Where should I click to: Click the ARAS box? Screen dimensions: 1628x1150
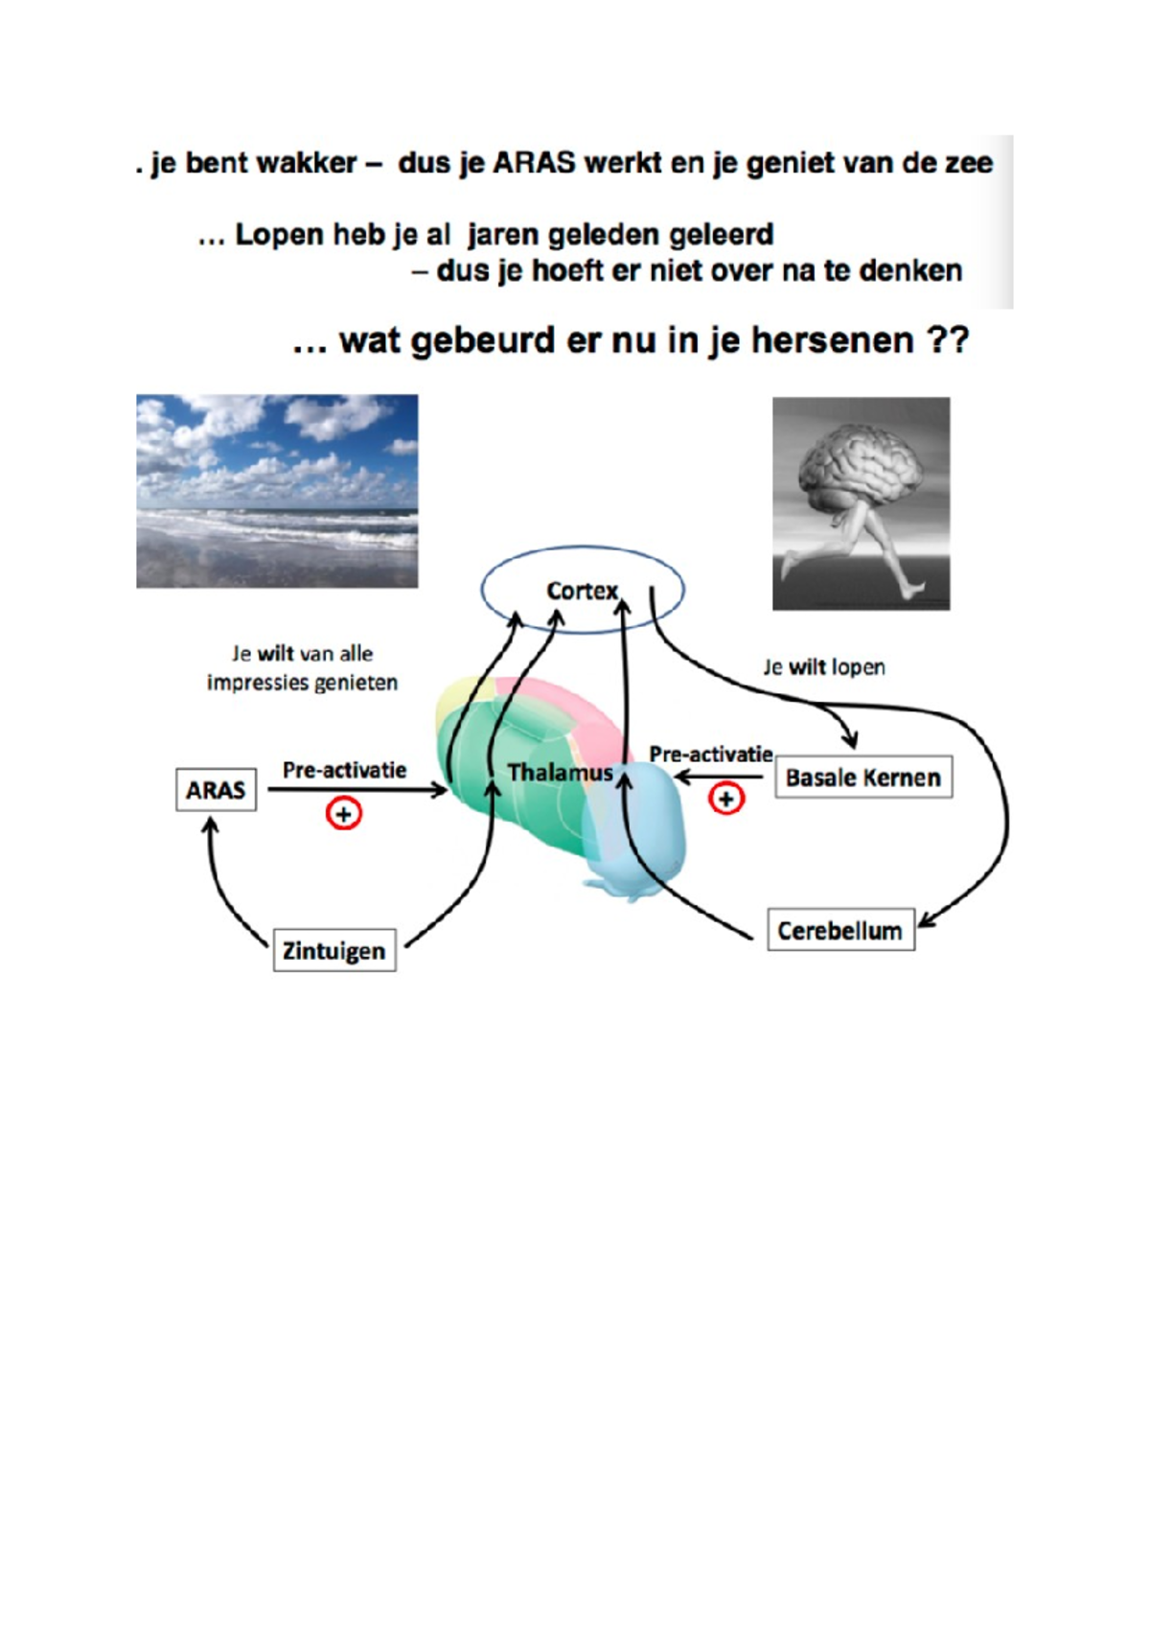pyautogui.click(x=216, y=790)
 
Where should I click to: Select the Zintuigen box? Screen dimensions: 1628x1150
pyautogui.click(x=333, y=950)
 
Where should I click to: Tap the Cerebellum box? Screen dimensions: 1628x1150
pyautogui.click(x=840, y=930)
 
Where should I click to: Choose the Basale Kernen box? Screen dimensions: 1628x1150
pyautogui.click(x=862, y=777)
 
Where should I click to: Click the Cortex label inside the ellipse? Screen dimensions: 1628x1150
pyautogui.click(x=582, y=591)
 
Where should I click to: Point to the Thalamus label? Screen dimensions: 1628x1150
pyautogui.click(x=560, y=772)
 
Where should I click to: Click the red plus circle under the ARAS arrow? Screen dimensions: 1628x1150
pyautogui.click(x=343, y=814)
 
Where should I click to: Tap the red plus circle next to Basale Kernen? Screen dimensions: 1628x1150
pyautogui.click(x=725, y=799)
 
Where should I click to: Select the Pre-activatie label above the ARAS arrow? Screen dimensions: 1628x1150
pyautogui.click(x=344, y=770)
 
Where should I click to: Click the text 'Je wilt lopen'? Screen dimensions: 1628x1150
pyautogui.click(x=823, y=667)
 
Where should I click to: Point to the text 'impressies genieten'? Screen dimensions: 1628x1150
pyautogui.click(x=302, y=683)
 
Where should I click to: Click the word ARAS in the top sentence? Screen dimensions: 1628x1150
pyautogui.click(x=534, y=163)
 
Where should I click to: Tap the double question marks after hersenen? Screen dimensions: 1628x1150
pyautogui.click(x=949, y=340)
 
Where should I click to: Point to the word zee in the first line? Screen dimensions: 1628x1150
pyautogui.click(x=968, y=163)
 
